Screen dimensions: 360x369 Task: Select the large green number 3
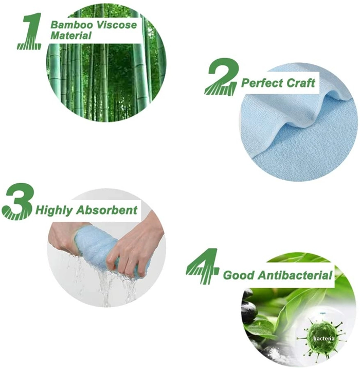18,201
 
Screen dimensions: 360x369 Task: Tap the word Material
71,36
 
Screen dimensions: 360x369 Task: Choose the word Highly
55,210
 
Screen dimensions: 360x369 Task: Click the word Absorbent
107,210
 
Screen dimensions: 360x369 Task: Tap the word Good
239,275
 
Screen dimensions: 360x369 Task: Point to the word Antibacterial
295,275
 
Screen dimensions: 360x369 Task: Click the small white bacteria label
324,339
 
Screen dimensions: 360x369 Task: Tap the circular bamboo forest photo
106,63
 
